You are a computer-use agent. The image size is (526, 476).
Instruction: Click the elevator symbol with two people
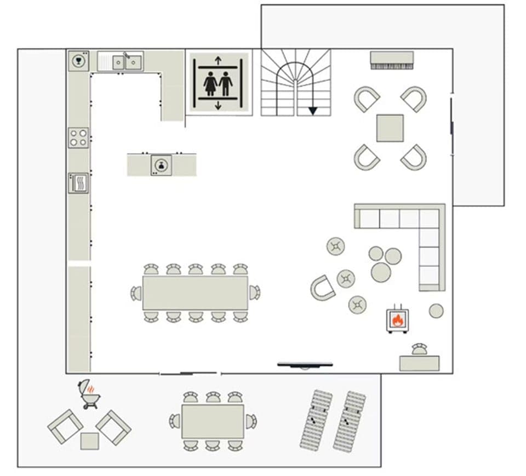click(218, 83)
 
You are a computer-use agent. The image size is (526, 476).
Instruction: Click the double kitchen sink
click(125, 62)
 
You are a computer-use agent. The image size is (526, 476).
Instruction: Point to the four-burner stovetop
click(78, 137)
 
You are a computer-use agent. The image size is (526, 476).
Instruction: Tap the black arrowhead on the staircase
click(312, 111)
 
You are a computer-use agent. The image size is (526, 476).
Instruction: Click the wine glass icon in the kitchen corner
click(78, 61)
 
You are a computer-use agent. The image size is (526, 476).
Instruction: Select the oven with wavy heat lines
click(78, 183)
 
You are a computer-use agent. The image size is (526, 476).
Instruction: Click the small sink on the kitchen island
click(161, 164)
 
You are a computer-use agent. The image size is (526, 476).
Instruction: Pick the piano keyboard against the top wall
click(391, 60)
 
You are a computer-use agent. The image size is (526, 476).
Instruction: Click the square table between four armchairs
click(390, 128)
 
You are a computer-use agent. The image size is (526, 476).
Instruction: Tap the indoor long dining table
click(195, 293)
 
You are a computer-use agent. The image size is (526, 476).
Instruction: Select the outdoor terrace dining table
click(213, 421)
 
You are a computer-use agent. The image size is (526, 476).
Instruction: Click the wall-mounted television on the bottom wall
click(305, 364)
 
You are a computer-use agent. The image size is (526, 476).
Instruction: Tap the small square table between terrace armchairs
click(89, 441)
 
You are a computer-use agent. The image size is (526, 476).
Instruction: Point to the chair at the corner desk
click(419, 348)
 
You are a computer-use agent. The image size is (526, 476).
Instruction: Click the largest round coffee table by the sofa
click(381, 272)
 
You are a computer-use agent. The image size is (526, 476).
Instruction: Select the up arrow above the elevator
click(218, 60)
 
